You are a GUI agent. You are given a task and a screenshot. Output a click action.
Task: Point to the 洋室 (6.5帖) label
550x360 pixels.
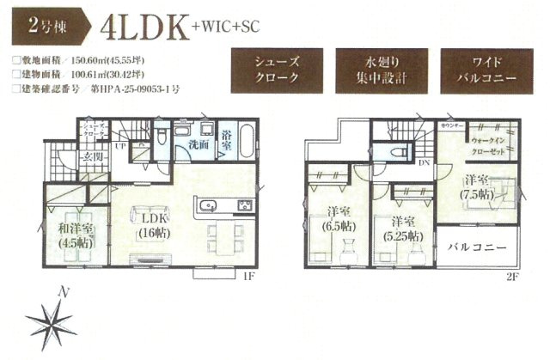pos(337,220)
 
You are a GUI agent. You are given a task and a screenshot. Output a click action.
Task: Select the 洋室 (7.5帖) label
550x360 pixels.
pos(471,187)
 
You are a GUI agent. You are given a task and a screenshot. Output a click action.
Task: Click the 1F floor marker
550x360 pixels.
pos(248,277)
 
